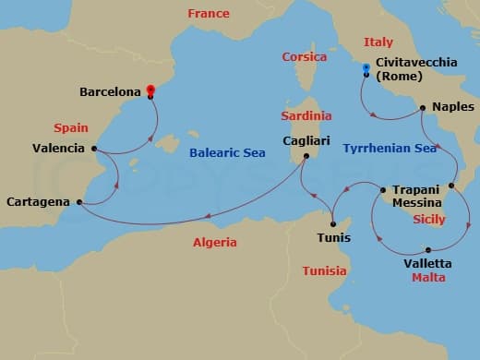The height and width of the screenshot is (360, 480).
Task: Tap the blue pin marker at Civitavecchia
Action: [x=366, y=67]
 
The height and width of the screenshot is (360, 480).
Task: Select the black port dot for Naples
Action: [x=423, y=108]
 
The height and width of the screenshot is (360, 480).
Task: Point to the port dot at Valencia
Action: [x=95, y=148]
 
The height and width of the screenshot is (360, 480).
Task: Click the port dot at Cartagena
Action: [x=78, y=202]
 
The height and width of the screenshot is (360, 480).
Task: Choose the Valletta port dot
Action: [x=428, y=249]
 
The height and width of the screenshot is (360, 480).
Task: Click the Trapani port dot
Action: [x=384, y=191]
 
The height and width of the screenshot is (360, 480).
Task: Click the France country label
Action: [x=208, y=14]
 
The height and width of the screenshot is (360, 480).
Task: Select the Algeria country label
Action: [x=214, y=243]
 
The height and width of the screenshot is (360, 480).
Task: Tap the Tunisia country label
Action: [x=325, y=270]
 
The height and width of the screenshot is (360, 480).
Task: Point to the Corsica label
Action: [x=304, y=57]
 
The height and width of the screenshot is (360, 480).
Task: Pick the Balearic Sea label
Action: [x=226, y=153]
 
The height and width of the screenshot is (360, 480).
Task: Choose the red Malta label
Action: [x=428, y=277]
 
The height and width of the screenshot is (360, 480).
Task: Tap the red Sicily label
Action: [x=428, y=220]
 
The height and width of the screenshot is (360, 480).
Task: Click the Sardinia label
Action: [x=305, y=116]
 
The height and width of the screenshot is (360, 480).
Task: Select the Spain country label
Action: [x=71, y=127]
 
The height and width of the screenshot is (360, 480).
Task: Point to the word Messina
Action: [x=416, y=202]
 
